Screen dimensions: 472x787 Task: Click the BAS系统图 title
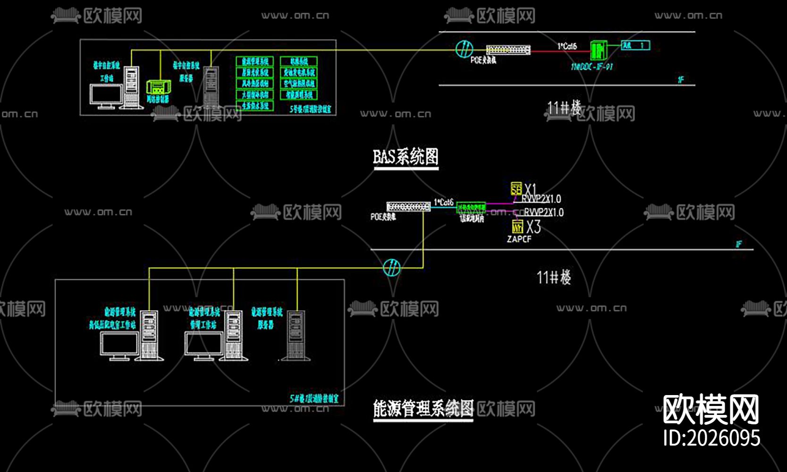click(x=406, y=157)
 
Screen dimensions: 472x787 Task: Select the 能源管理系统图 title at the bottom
click(x=423, y=408)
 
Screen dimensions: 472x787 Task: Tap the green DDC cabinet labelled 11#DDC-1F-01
click(x=598, y=50)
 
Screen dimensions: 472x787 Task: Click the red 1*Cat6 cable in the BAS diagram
click(x=560, y=51)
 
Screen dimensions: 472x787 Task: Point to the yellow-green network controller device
click(x=157, y=87)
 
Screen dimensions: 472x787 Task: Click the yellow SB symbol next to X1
click(x=516, y=189)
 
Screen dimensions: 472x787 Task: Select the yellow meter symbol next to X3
click(x=517, y=227)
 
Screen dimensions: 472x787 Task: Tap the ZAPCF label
click(x=519, y=239)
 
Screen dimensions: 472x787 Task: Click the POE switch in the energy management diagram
click(x=408, y=207)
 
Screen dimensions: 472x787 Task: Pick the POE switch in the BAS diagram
click(x=508, y=50)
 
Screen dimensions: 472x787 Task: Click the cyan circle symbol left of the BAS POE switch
click(x=465, y=49)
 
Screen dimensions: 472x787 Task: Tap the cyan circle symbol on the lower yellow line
click(x=391, y=268)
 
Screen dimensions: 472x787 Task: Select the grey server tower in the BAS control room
click(x=211, y=87)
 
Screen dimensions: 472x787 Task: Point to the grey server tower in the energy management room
click(x=296, y=335)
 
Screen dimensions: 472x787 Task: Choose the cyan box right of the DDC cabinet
click(x=635, y=45)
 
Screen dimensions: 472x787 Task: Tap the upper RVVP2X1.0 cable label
click(x=542, y=199)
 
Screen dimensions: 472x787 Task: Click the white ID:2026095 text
click(x=711, y=438)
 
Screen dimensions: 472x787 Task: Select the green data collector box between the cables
click(x=471, y=208)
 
